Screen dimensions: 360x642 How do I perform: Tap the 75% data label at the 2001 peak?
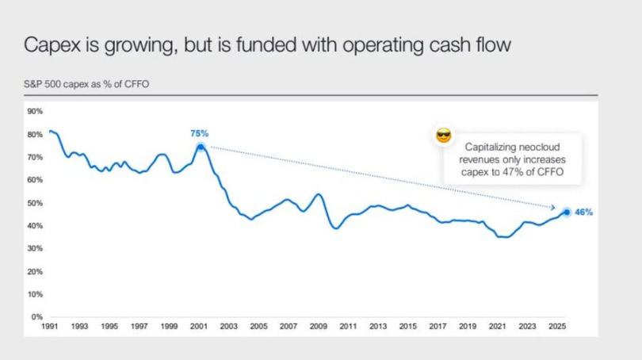tap(199, 133)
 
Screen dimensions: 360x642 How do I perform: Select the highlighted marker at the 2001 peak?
tap(201, 147)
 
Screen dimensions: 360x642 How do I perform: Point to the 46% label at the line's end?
tap(583, 213)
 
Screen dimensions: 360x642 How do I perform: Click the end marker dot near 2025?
tap(567, 212)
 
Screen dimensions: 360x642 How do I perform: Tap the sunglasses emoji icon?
tap(444, 136)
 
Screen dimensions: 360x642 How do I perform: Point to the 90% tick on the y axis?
tap(35, 112)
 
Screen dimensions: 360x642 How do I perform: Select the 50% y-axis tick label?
tap(35, 203)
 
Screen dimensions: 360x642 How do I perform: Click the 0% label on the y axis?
tap(36, 317)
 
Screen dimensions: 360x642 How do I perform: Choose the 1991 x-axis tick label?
tap(50, 326)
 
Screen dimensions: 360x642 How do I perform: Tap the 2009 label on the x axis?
tap(318, 326)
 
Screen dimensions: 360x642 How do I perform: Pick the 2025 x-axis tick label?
tap(556, 326)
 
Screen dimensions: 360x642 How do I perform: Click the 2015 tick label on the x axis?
tap(407, 326)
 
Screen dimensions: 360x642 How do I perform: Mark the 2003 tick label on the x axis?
tap(228, 326)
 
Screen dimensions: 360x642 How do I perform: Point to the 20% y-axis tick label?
tap(35, 271)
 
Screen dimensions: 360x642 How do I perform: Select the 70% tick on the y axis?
tap(35, 158)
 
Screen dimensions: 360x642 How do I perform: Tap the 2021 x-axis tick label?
tap(497, 326)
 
